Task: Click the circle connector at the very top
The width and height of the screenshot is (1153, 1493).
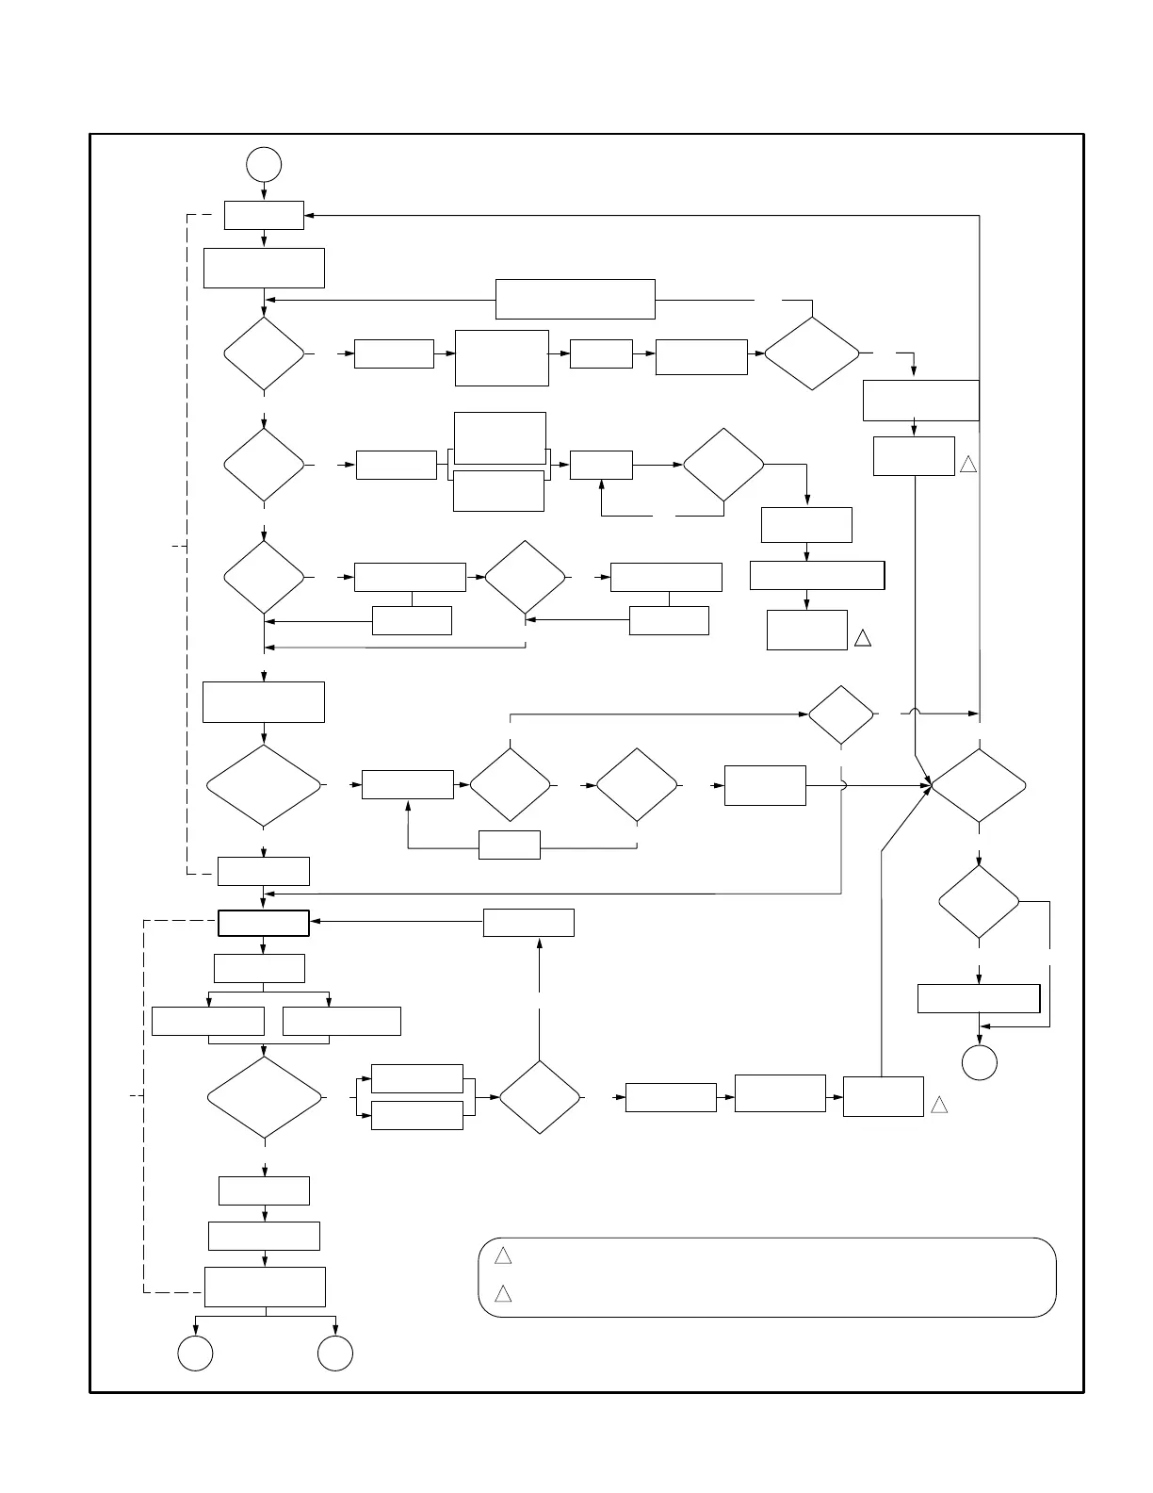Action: coord(264,165)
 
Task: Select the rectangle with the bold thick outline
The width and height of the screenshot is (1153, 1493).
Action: coord(264,923)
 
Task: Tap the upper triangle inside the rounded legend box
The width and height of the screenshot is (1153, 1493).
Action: coord(503,1255)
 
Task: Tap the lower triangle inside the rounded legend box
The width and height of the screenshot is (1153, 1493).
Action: coord(503,1293)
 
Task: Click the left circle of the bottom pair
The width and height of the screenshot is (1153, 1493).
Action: coord(195,1354)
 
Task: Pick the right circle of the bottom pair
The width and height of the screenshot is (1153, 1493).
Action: coord(335,1354)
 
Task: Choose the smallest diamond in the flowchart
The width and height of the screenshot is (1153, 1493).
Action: coord(841,714)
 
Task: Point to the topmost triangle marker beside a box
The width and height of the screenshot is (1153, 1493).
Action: coord(968,465)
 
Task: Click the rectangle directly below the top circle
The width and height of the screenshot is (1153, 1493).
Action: coord(264,215)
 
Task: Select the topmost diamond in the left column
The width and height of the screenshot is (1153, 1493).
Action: coord(264,353)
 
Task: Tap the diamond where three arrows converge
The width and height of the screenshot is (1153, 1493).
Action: coord(979,785)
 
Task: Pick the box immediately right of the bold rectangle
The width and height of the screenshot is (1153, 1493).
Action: coord(528,923)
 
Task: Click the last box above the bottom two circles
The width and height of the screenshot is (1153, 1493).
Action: coord(265,1287)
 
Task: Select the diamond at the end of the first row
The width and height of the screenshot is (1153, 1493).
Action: coord(812,353)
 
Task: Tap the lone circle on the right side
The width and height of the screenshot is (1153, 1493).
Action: coord(980,1063)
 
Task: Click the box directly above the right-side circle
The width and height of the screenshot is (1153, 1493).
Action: coord(979,998)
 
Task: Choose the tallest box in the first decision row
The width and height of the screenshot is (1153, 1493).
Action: coord(502,357)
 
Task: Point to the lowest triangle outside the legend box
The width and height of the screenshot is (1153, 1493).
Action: coord(939,1105)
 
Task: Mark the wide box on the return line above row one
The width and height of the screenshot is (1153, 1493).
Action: coord(575,299)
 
